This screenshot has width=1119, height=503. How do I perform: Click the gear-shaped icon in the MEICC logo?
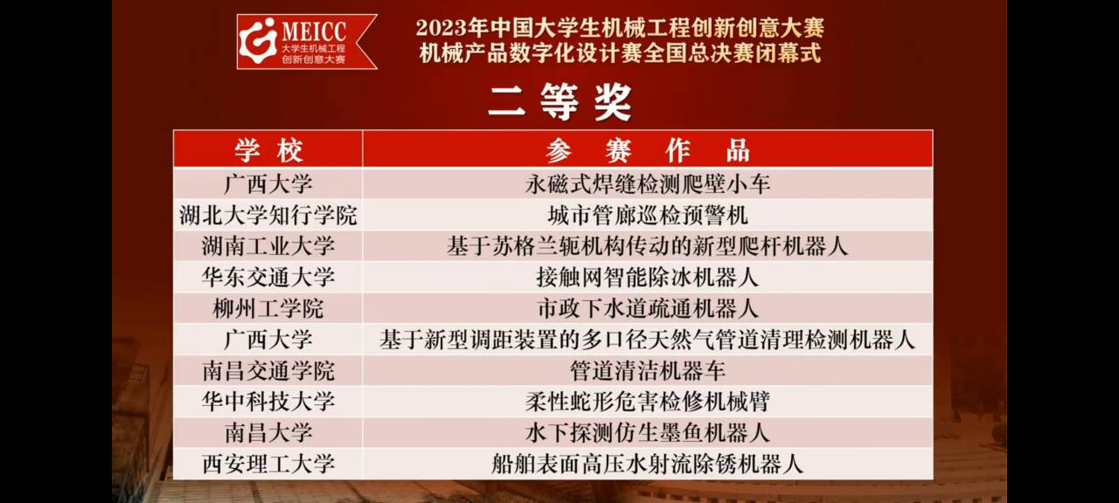[258, 41]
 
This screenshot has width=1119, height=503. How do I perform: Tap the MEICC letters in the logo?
[314, 31]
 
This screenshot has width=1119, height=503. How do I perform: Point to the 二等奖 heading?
[560, 102]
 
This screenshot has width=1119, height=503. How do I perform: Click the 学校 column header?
[268, 149]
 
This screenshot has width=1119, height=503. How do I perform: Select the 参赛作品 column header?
[648, 149]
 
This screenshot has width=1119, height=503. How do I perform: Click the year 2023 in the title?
[441, 28]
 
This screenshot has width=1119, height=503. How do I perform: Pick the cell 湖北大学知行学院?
[268, 216]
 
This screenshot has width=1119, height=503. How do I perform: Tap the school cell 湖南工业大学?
[268, 246]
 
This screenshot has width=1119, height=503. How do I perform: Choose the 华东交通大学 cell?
[268, 278]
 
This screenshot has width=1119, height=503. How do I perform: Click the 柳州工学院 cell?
[268, 308]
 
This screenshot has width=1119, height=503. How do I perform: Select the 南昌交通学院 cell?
[268, 371]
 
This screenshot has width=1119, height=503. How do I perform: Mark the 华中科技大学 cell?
[268, 402]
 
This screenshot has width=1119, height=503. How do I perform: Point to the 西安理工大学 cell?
[268, 464]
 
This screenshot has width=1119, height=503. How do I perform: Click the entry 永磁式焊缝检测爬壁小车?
[648, 184]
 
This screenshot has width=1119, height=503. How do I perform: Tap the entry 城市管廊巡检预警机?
[648, 216]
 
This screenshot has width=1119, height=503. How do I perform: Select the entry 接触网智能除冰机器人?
[648, 278]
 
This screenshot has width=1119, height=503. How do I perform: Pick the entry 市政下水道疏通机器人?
[648, 308]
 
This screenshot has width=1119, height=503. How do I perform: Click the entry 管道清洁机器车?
[648, 371]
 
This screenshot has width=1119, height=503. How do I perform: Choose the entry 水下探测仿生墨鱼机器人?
[648, 432]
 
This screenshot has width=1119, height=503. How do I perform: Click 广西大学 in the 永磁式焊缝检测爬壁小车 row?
[268, 184]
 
